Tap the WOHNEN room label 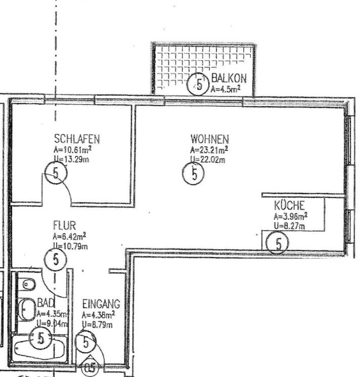[209, 139]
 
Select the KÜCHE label [289, 205]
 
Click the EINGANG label [101, 304]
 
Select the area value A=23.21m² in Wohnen [209, 150]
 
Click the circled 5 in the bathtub [40, 338]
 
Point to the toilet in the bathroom [27, 284]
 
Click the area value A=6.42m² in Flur [69, 236]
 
